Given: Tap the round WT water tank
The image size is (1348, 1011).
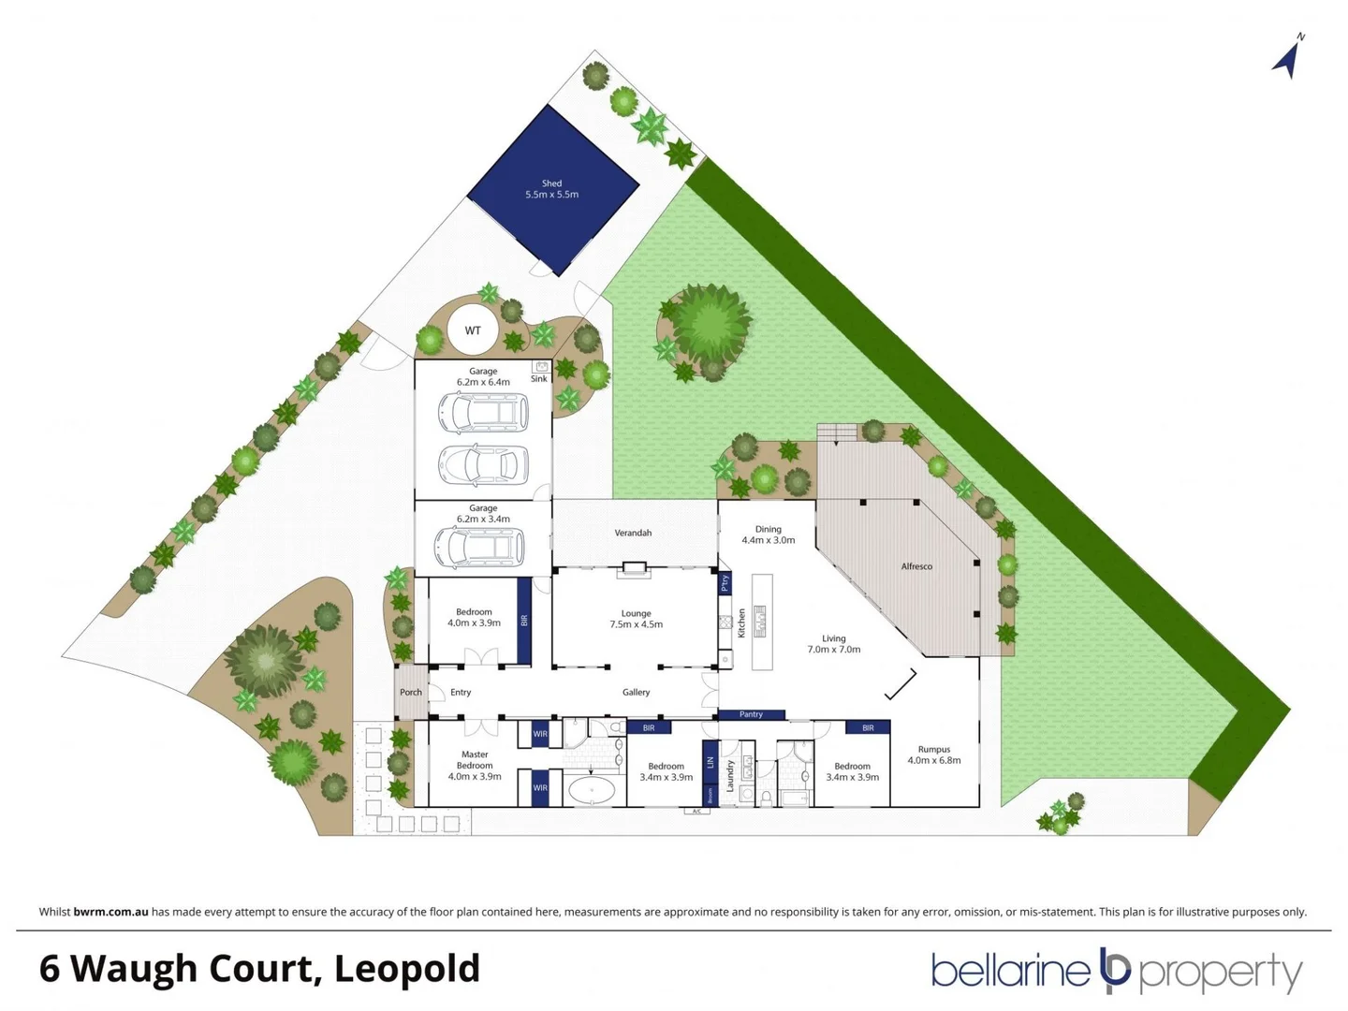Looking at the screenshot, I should (x=473, y=330).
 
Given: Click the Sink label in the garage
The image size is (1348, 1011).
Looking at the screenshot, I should (x=539, y=379).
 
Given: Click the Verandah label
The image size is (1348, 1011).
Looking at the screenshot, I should (x=633, y=533).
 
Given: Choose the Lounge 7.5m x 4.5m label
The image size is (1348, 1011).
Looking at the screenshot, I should (x=636, y=619).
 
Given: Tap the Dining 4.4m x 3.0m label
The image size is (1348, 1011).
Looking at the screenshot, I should (x=768, y=535).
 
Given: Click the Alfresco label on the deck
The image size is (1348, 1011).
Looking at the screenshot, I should (x=916, y=566).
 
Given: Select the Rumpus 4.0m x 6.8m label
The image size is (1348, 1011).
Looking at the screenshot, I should (x=933, y=755).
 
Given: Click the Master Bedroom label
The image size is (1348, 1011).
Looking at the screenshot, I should (x=475, y=765).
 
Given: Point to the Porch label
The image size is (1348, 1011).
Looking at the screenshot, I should (x=410, y=693).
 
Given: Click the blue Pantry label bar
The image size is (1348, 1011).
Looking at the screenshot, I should (x=751, y=714).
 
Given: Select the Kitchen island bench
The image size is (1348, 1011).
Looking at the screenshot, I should (x=761, y=623).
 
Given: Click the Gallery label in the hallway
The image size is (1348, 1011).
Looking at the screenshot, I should (x=636, y=693).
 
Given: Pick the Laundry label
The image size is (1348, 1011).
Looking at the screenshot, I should (x=730, y=776).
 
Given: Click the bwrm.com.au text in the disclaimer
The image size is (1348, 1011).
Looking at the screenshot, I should (x=110, y=912).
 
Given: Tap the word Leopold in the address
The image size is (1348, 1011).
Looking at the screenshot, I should (x=407, y=969).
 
